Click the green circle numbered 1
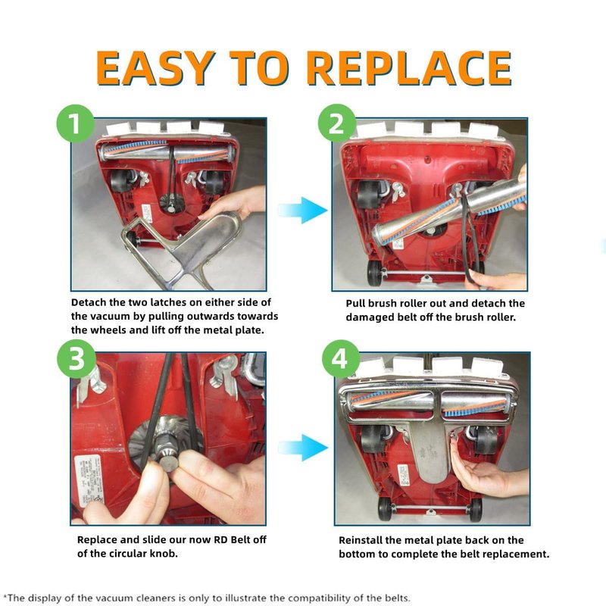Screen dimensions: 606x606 pos(76,123)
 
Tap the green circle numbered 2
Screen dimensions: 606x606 pos(337,123)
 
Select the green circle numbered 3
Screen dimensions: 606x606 pos(77,358)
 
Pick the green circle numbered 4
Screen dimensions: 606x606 pos(340,358)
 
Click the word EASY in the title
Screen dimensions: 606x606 pos(155,68)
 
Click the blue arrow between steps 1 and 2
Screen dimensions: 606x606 pos(301,210)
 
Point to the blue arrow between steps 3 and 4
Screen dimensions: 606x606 pos(301,447)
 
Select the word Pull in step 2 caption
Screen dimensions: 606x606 pos(355,304)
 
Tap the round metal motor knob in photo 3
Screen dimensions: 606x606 pos(169,463)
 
